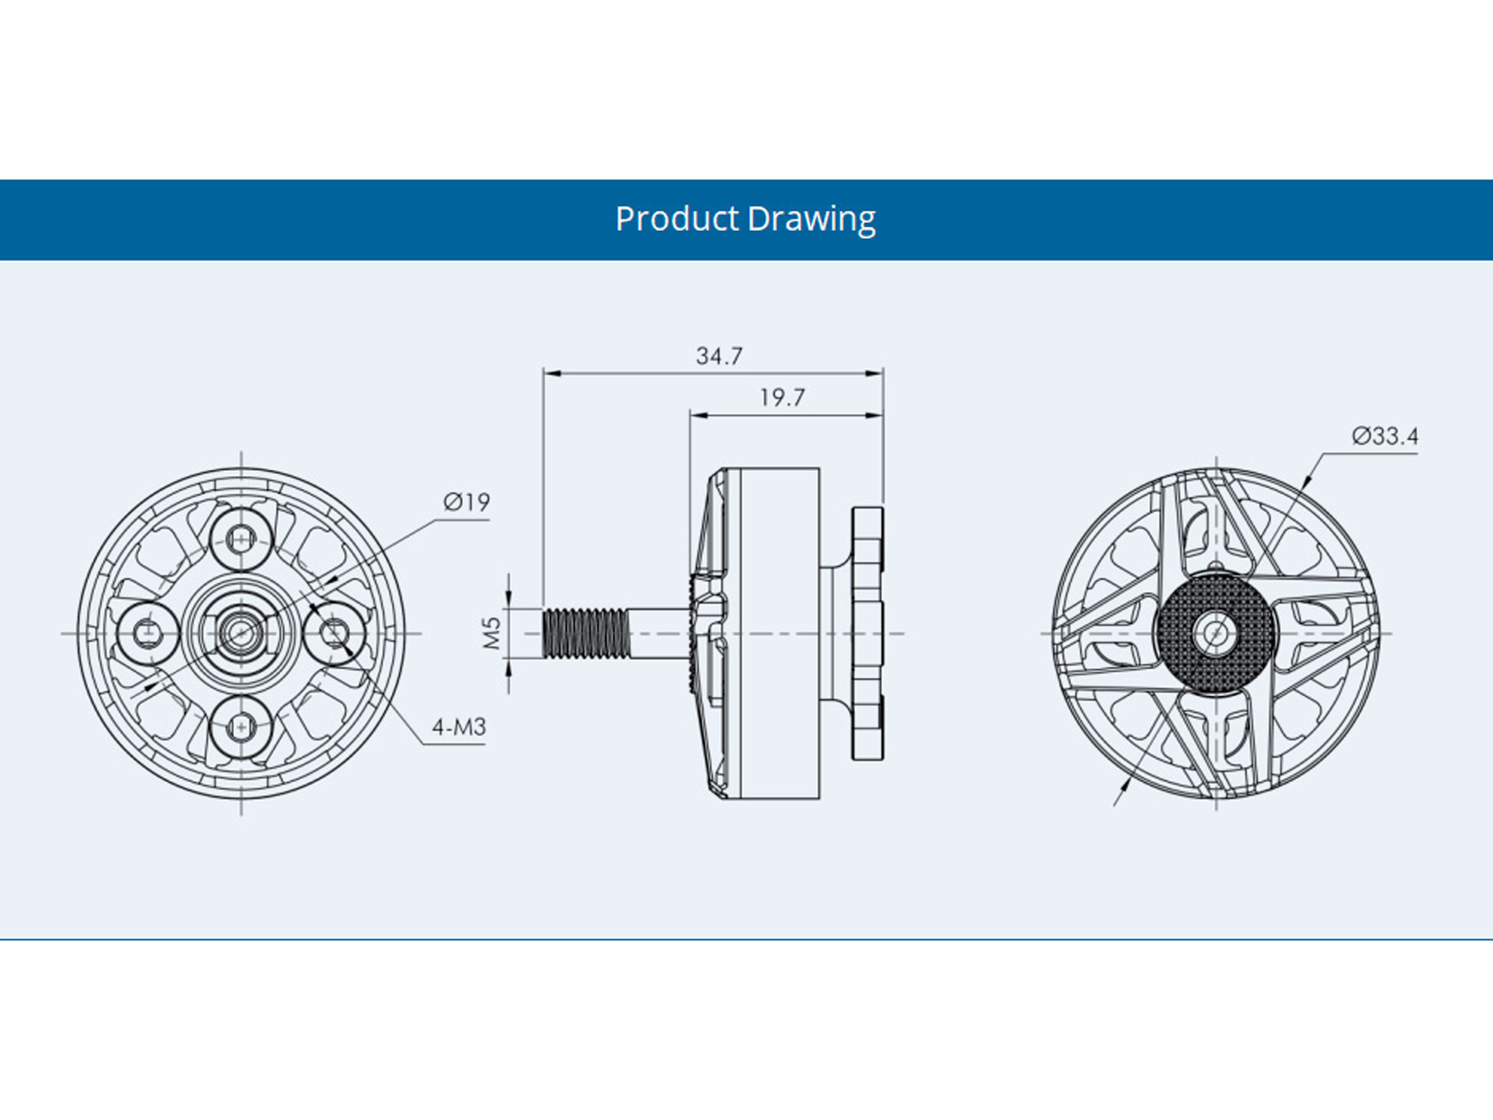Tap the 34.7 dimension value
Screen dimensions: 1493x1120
(x=720, y=356)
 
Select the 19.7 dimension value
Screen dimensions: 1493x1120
(x=782, y=398)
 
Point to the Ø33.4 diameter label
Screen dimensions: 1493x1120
(x=1385, y=436)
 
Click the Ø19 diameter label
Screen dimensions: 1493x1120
(x=466, y=502)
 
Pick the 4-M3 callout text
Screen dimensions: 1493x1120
(x=459, y=727)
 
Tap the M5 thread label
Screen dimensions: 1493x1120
(x=492, y=633)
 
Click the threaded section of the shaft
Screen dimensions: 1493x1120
(x=585, y=633)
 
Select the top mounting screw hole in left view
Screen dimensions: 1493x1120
(x=241, y=539)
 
